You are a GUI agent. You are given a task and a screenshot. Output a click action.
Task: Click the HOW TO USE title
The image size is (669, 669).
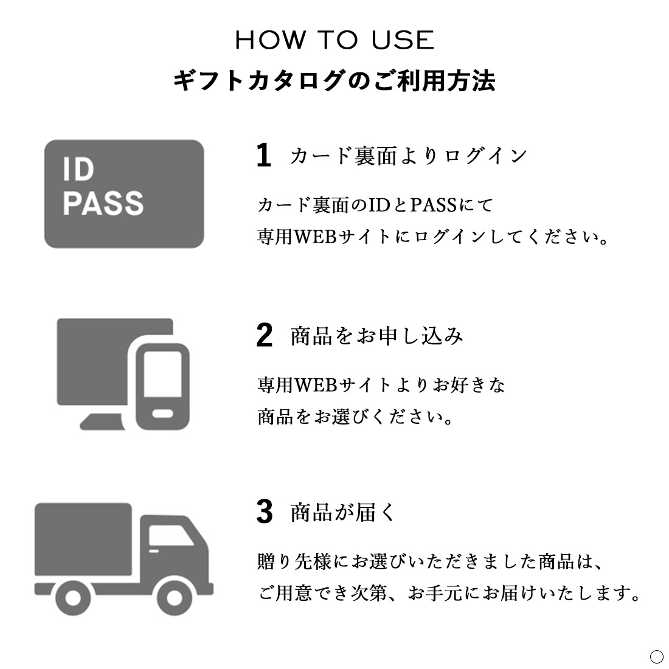pyautogui.click(x=334, y=40)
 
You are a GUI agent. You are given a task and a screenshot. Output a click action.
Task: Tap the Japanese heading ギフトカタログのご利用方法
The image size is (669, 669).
pyautogui.click(x=334, y=81)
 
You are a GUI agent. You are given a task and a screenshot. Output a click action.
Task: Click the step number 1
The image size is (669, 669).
pyautogui.click(x=264, y=155)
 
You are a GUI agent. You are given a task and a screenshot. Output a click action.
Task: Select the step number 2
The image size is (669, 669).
pyautogui.click(x=265, y=335)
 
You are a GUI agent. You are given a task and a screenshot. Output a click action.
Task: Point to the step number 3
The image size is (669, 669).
pyautogui.click(x=265, y=511)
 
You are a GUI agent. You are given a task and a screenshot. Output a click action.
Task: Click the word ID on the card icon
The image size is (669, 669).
pyautogui.click(x=78, y=170)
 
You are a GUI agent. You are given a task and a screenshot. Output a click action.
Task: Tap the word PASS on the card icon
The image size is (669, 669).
pyautogui.click(x=103, y=203)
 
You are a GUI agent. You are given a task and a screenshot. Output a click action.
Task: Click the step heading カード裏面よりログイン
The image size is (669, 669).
pyautogui.click(x=409, y=156)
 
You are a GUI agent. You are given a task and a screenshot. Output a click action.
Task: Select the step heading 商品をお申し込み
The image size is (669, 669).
pyautogui.click(x=376, y=336)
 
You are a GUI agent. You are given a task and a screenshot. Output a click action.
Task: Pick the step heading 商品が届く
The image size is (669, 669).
pyautogui.click(x=343, y=512)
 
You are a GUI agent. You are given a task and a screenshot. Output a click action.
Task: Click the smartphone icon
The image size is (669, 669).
pyautogui.click(x=162, y=386)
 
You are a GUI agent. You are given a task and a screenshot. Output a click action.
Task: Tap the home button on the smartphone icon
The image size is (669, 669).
pyautogui.click(x=163, y=414)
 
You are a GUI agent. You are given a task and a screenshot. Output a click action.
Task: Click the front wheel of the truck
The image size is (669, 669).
pyautogui.click(x=174, y=597)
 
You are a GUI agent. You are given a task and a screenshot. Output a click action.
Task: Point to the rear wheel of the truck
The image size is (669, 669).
pyautogui.click(x=73, y=597)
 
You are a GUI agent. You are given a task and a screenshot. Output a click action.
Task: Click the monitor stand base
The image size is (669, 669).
pyautogui.click(x=102, y=421)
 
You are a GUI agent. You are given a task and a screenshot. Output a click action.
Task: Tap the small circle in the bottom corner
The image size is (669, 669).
pyautogui.click(x=657, y=657)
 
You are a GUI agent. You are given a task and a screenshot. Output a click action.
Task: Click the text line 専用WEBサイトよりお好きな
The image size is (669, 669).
pyautogui.click(x=381, y=385)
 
